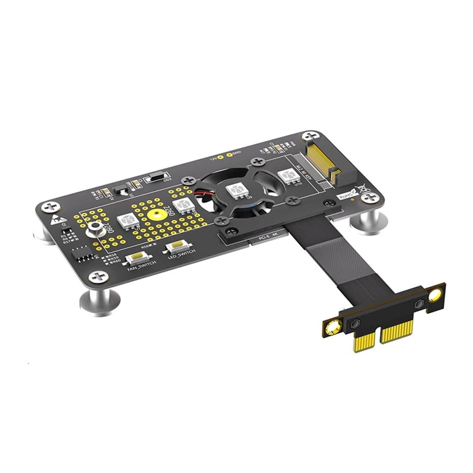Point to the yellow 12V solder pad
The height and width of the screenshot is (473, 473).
click(x=221, y=157)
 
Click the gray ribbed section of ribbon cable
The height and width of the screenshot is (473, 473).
click(x=342, y=268)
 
